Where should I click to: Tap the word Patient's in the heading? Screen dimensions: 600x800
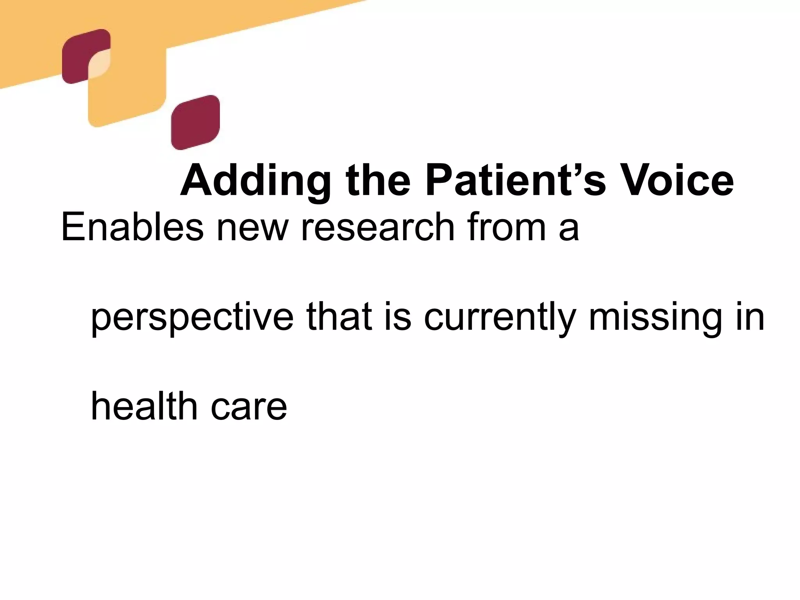[x=516, y=180]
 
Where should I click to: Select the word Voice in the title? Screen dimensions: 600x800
[x=678, y=180]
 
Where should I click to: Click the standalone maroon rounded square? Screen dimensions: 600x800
[x=195, y=122]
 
